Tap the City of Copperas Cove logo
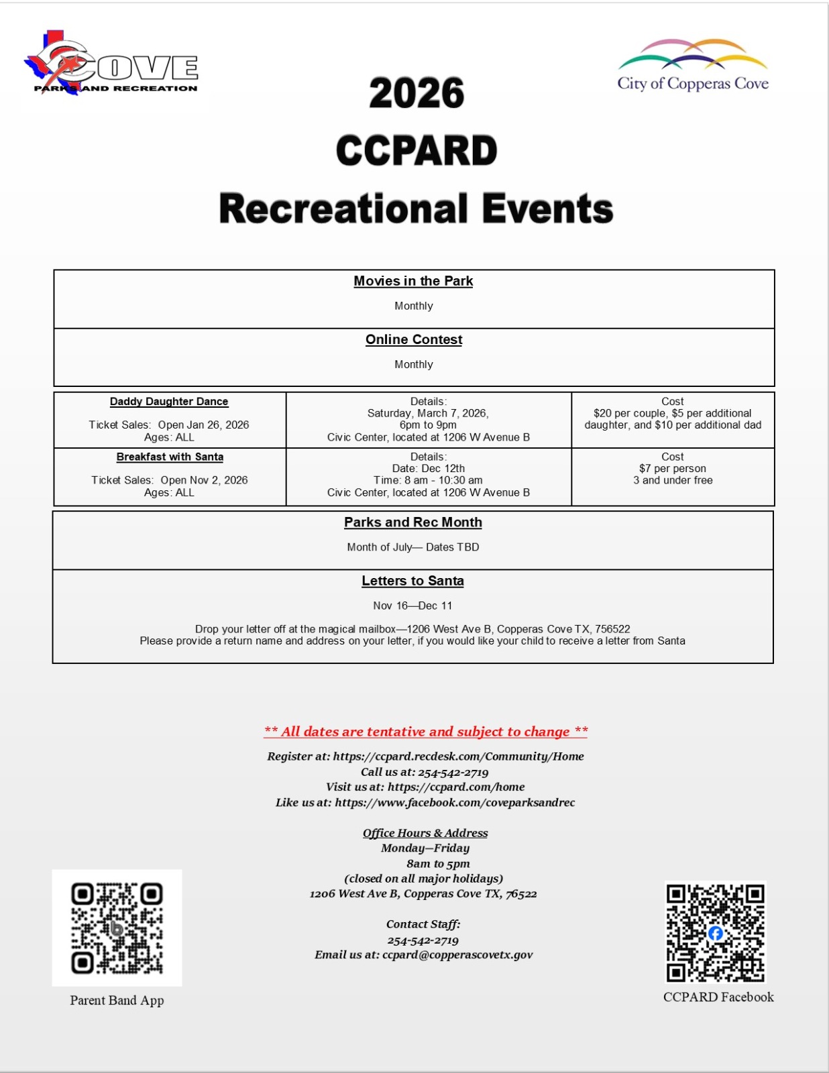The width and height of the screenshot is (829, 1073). click(x=693, y=66)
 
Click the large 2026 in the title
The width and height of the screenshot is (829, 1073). click(x=417, y=93)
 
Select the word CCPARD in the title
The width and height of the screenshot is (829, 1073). click(x=417, y=151)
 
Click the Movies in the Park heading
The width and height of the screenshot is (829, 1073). click(x=413, y=281)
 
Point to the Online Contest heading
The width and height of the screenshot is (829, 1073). click(x=414, y=339)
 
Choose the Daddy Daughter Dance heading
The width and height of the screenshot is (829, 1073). click(x=169, y=401)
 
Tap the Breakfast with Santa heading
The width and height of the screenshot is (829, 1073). click(x=170, y=457)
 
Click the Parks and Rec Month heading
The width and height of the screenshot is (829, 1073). click(x=413, y=522)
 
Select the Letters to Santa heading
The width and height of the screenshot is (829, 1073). click(x=412, y=581)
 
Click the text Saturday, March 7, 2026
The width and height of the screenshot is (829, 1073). click(x=428, y=413)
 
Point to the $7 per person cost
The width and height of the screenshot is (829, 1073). click(x=672, y=468)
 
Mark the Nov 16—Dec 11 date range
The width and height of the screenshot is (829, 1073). click(x=412, y=606)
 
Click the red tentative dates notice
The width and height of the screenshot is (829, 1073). click(x=426, y=732)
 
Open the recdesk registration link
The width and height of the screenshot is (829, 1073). click(x=458, y=756)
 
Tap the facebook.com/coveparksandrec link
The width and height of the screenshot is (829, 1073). click(x=455, y=803)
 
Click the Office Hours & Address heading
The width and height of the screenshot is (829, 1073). click(x=425, y=833)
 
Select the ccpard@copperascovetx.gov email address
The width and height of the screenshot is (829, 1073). click(x=457, y=955)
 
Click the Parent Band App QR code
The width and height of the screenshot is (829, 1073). click(x=117, y=928)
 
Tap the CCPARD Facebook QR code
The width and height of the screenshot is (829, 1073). click(x=715, y=932)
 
